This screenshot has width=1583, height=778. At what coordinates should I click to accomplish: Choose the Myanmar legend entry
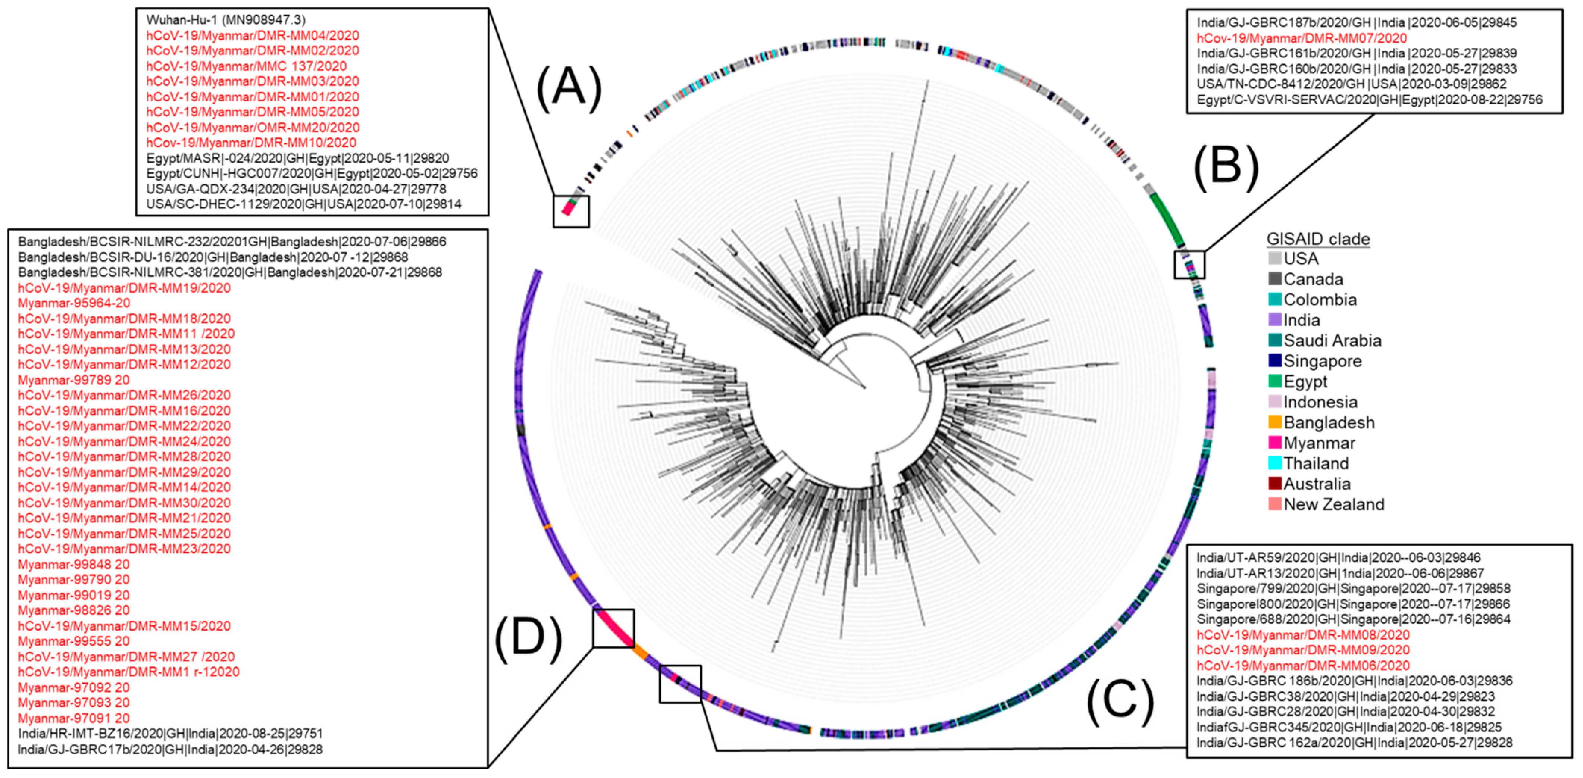pos(1319,443)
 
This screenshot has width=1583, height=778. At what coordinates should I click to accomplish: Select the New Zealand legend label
pos(1333,504)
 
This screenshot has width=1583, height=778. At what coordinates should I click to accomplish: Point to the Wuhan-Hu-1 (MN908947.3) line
pos(225,20)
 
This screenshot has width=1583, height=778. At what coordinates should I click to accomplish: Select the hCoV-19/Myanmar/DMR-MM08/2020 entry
pos(1303,635)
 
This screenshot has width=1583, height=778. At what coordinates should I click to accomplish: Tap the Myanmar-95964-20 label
pos(74,303)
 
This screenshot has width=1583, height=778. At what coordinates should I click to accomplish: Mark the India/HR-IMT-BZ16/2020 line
pos(170,734)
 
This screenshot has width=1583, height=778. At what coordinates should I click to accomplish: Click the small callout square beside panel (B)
pos(1190,264)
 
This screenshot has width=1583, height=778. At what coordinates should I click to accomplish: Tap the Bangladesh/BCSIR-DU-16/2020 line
pos(213,257)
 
